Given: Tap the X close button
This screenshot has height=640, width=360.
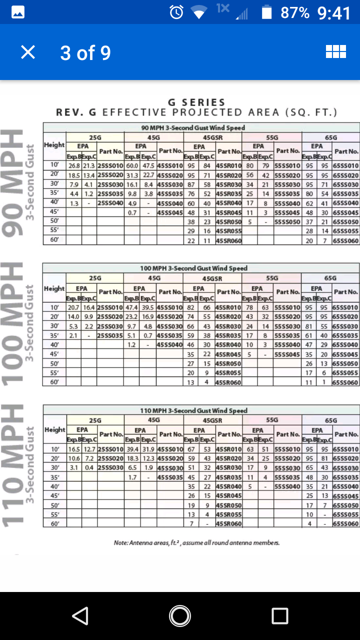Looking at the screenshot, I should [x=28, y=52].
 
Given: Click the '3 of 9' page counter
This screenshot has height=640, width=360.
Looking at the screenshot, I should [x=85, y=52].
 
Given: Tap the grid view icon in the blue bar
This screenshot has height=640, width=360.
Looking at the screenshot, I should [x=335, y=52].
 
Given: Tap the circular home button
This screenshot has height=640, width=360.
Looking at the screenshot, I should [x=179, y=615].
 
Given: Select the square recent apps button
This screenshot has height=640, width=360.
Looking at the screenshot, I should [x=279, y=615].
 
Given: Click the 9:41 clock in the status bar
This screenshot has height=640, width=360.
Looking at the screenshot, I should [x=334, y=13].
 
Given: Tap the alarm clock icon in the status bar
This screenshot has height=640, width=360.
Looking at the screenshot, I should [x=176, y=12].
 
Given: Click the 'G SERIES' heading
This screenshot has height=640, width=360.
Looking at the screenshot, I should [x=196, y=102].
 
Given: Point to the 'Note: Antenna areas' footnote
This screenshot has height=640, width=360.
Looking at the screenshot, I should [x=196, y=542].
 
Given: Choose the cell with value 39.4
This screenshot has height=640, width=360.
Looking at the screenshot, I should [x=132, y=448].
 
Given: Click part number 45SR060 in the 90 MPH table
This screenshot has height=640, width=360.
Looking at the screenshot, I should [x=228, y=241].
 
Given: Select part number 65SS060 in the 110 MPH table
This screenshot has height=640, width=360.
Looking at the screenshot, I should [x=345, y=524].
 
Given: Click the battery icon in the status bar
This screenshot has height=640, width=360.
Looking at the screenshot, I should [x=267, y=12].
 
